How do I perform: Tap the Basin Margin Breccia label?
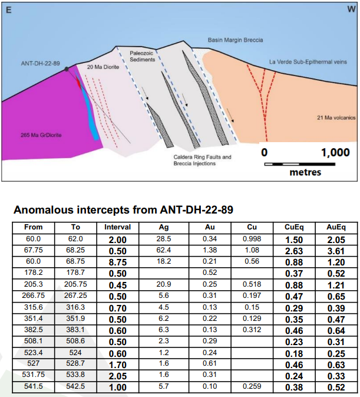[x=236, y=40]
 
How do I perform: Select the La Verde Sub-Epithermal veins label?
[x=308, y=61]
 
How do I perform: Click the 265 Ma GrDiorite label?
[x=41, y=134]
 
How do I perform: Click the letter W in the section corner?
[x=351, y=10]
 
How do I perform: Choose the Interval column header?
[x=117, y=227]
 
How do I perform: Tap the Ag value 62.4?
[x=164, y=250]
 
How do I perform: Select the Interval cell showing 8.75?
[x=117, y=261]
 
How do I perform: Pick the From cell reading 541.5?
[x=33, y=386]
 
